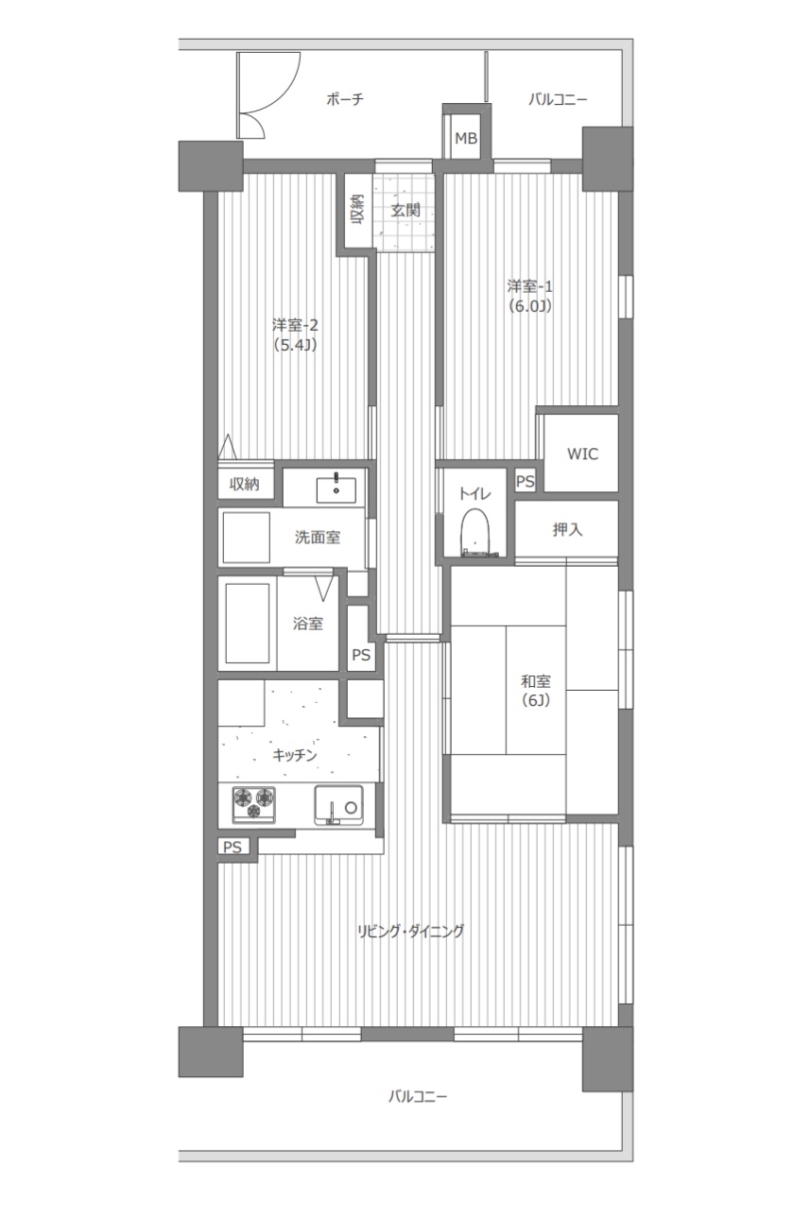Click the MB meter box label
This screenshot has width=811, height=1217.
[466, 139]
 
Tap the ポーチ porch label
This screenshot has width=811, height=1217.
[345, 99]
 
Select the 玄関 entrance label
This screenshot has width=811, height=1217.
[405, 210]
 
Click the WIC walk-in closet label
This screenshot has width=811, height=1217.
[582, 454]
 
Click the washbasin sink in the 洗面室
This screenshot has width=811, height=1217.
[336, 490]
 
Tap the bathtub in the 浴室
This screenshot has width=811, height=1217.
[248, 624]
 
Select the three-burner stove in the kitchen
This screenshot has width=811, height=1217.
[254, 803]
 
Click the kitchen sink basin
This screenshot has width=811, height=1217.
[338, 805]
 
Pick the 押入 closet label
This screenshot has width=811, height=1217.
[567, 529]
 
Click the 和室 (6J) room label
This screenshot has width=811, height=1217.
[536, 691]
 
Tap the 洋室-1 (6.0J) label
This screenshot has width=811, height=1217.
[530, 296]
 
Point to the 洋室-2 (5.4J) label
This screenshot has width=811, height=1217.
[295, 335]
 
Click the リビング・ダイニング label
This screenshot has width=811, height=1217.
[410, 931]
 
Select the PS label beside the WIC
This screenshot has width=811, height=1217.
[526, 481]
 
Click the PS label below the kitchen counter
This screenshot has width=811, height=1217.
[233, 847]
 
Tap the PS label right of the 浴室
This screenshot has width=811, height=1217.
[361, 655]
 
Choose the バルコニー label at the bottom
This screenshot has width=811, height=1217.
[418, 1096]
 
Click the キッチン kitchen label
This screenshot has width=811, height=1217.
[295, 755]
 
